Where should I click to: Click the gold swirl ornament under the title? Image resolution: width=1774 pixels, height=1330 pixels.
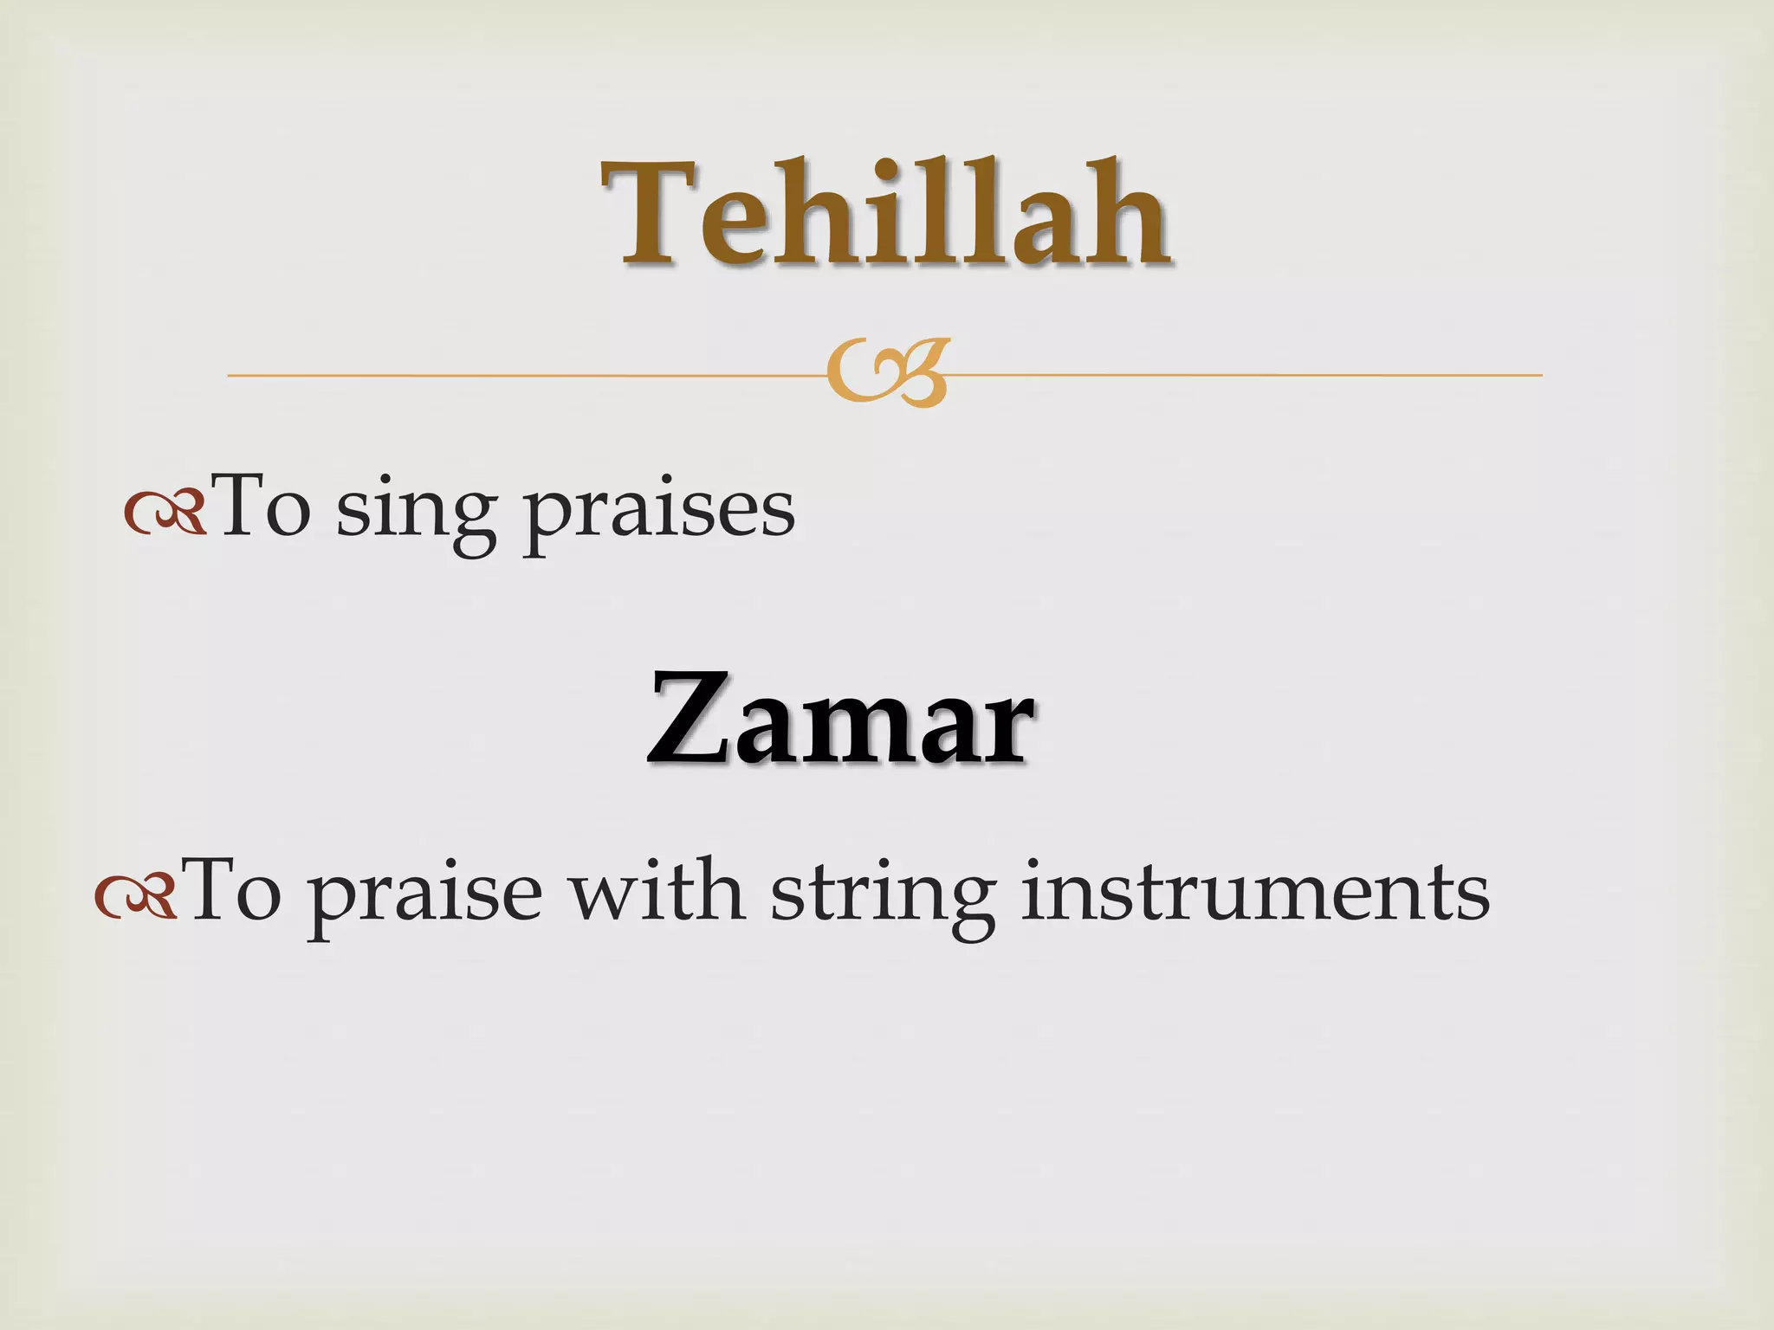pyautogui.click(x=888, y=372)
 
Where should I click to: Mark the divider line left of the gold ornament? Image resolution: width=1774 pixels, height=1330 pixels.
pyautogui.click(x=520, y=376)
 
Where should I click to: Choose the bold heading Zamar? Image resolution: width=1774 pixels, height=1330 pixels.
pyautogui.click(x=840, y=719)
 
